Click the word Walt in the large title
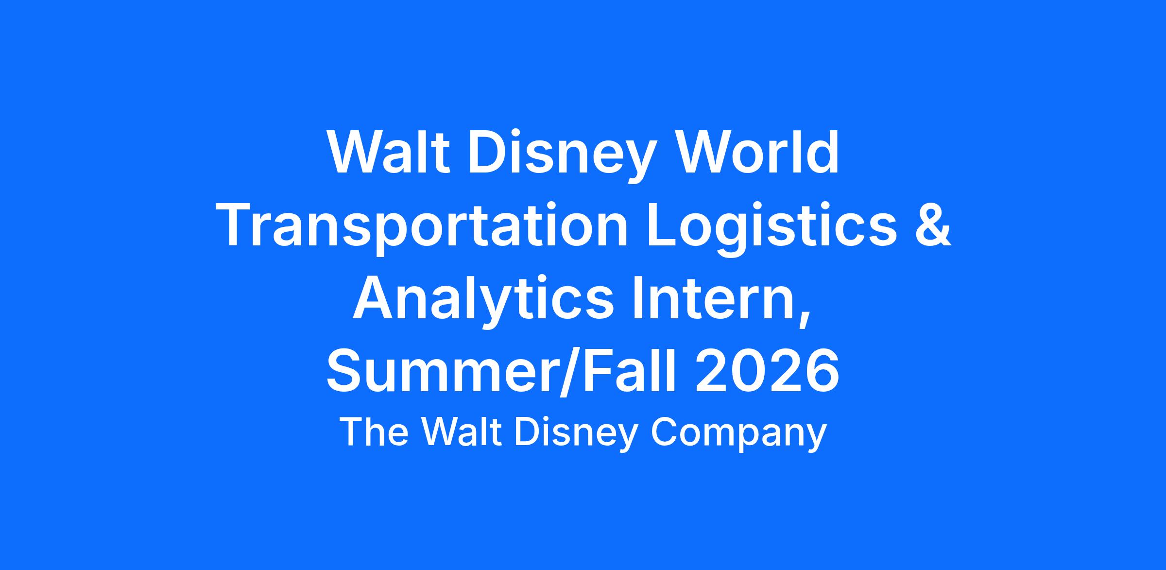(x=389, y=152)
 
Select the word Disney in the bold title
(x=558, y=156)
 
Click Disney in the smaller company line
(x=576, y=434)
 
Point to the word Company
(x=738, y=434)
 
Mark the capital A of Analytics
(x=374, y=298)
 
